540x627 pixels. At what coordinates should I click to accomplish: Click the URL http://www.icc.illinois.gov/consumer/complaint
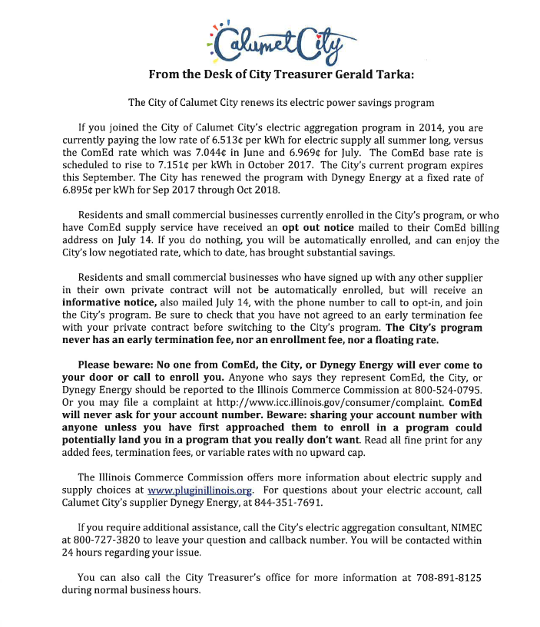point(303,401)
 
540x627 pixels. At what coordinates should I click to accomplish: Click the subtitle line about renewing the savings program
point(270,102)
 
